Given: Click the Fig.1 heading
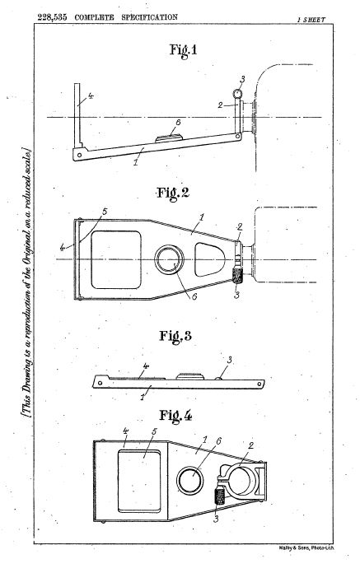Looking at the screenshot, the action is [x=183, y=49].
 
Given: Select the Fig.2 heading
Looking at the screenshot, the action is [x=173, y=193].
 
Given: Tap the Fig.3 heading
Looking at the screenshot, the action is [x=175, y=336].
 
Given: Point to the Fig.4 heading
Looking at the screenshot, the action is [x=175, y=416].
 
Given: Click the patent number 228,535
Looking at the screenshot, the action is [x=52, y=17].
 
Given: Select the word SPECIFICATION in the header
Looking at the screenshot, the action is [x=149, y=17].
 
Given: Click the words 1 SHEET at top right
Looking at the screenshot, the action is [x=311, y=20].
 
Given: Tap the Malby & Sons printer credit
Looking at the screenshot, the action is [x=306, y=547].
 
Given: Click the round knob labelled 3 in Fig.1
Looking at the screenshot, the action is [x=237, y=94].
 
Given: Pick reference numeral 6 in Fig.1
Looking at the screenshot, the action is [x=178, y=123].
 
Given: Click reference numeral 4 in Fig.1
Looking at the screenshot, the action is [x=91, y=96].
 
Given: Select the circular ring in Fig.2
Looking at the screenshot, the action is [x=169, y=259].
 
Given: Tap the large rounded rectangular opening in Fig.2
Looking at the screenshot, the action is [x=116, y=259].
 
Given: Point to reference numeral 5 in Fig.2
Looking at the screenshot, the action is [x=105, y=212].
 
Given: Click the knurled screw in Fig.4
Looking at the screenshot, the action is [x=221, y=496].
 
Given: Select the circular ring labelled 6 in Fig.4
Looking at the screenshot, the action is [x=190, y=480].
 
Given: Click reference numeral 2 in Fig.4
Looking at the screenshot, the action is [x=250, y=445].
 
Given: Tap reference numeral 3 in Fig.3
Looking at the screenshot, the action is [x=229, y=361].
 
